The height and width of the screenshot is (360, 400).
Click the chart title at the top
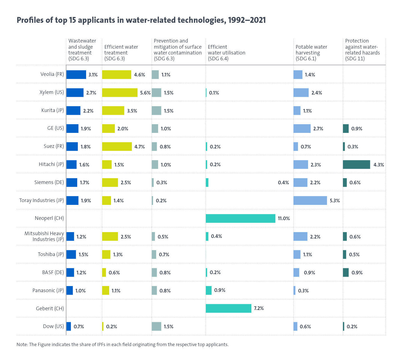[x=141, y=20]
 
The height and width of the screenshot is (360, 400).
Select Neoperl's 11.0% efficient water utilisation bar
[x=241, y=219]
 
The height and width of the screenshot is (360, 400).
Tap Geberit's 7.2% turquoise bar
[x=228, y=308]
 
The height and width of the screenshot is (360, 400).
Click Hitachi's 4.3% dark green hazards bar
[x=356, y=165]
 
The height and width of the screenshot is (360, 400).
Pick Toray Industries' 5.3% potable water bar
[x=310, y=200]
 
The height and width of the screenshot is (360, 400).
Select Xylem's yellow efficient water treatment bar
[x=120, y=93]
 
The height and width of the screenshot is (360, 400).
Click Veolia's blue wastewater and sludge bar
[x=76, y=75]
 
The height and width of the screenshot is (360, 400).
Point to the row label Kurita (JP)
[x=52, y=110]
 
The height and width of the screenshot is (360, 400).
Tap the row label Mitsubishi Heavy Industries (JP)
[x=44, y=236]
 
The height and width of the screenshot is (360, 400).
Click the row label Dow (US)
[x=53, y=326]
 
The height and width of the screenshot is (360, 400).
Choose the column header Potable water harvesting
[x=311, y=53]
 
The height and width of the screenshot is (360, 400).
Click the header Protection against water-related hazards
[x=362, y=50]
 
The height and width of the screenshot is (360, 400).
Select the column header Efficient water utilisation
[x=226, y=53]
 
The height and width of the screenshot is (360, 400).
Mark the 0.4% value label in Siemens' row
[x=283, y=183]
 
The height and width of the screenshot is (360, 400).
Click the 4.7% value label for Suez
[x=139, y=147]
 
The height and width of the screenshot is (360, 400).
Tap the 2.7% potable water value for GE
[x=318, y=129]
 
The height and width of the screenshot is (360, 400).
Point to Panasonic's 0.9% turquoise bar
[x=209, y=291]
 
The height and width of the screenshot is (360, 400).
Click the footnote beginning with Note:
[x=122, y=344]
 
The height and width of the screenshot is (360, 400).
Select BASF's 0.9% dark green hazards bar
[x=346, y=272]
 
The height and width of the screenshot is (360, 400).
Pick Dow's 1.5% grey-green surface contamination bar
[x=156, y=326]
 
